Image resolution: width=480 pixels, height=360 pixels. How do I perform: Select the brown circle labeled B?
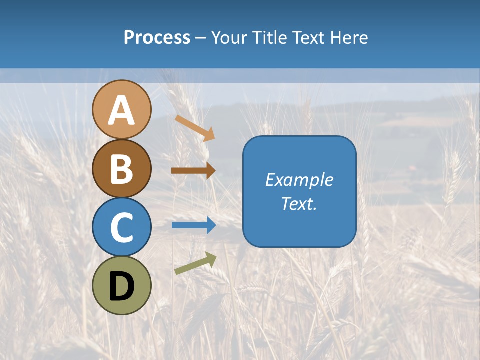coord(121,168)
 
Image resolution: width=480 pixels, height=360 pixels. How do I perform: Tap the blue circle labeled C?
coord(121,227)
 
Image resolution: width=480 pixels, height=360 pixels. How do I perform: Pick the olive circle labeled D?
coord(121,285)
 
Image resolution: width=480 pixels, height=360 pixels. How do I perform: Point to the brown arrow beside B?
coord(193,170)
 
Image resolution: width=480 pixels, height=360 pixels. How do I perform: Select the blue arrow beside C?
coord(194,225)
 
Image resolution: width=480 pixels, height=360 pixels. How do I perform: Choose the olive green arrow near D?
coord(196,263)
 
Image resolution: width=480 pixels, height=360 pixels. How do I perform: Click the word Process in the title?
coord(157,38)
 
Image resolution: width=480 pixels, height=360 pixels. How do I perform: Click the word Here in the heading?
coord(350,38)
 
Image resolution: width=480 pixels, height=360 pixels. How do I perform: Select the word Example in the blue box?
coord(299,180)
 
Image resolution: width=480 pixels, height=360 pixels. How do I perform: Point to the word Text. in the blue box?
coord(299,203)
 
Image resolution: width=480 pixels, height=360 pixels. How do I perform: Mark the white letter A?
coord(121,111)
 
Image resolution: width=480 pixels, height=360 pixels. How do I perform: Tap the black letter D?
coord(121,287)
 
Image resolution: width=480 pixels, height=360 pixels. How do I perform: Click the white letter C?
coord(121,228)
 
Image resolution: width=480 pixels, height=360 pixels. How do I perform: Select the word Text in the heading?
coord(308,38)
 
